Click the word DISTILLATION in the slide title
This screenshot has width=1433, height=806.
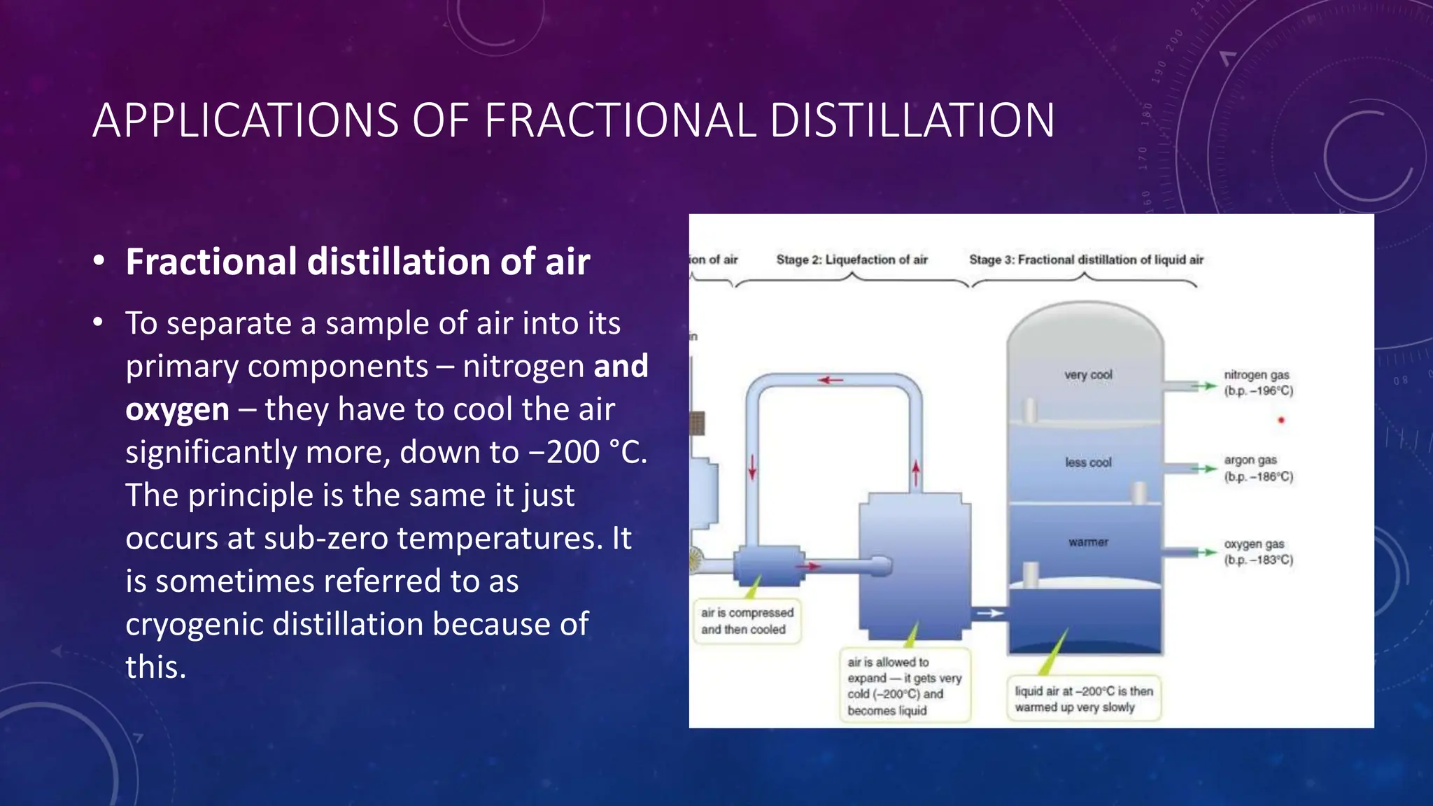tap(912, 120)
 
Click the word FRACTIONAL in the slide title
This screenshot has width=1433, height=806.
tap(619, 120)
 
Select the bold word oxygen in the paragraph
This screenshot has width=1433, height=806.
tap(177, 409)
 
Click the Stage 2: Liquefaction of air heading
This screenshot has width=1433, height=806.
tap(852, 260)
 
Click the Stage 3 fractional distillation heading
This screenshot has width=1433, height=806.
tap(1086, 260)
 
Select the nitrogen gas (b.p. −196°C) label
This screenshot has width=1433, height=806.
tap(1257, 383)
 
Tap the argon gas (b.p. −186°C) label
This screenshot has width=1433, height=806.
tap(1257, 468)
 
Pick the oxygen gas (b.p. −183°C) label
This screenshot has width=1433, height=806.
tap(1257, 552)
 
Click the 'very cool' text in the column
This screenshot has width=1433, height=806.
tap(1088, 375)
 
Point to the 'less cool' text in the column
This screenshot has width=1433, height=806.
tap(1088, 462)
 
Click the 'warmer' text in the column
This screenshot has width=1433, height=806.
tap(1088, 542)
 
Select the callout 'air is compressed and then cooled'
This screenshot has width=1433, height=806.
tap(747, 621)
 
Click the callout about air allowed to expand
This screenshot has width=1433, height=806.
tap(904, 686)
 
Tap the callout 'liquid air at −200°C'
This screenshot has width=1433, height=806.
tap(1083, 699)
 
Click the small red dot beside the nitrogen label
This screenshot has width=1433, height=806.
tap(1281, 420)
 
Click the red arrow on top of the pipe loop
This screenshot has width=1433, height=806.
tap(831, 380)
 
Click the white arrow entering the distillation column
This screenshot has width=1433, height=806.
tap(990, 614)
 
